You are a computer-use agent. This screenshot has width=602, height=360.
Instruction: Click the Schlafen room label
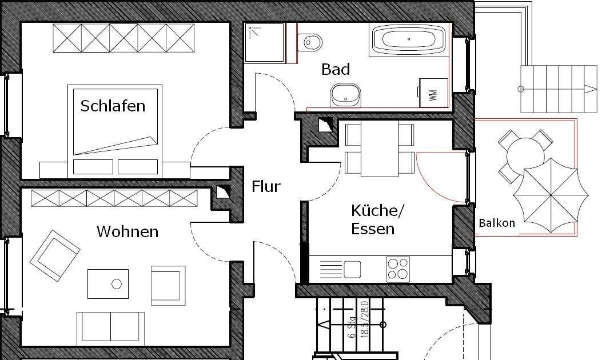click(113, 106)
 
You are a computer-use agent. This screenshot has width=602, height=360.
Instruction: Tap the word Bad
click(336, 70)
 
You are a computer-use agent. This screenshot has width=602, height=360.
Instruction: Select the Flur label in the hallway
click(266, 186)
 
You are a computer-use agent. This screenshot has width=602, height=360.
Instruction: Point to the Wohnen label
click(127, 232)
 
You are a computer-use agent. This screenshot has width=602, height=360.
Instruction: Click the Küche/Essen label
click(377, 220)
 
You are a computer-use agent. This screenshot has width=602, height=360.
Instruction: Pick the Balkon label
click(497, 223)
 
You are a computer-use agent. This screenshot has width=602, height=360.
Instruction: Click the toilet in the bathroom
click(312, 41)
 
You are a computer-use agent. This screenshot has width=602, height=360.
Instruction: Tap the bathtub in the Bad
click(409, 39)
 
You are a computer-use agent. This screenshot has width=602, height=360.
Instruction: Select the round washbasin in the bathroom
click(345, 94)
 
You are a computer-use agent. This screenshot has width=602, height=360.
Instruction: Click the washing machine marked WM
click(433, 93)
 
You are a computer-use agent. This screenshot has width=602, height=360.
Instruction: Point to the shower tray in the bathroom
click(264, 43)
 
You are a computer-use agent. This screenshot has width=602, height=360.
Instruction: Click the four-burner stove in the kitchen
click(398, 269)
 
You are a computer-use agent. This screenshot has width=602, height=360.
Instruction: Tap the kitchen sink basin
click(352, 269)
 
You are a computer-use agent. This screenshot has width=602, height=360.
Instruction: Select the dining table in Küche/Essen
click(379, 149)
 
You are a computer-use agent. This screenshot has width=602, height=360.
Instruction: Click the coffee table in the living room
click(108, 283)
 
